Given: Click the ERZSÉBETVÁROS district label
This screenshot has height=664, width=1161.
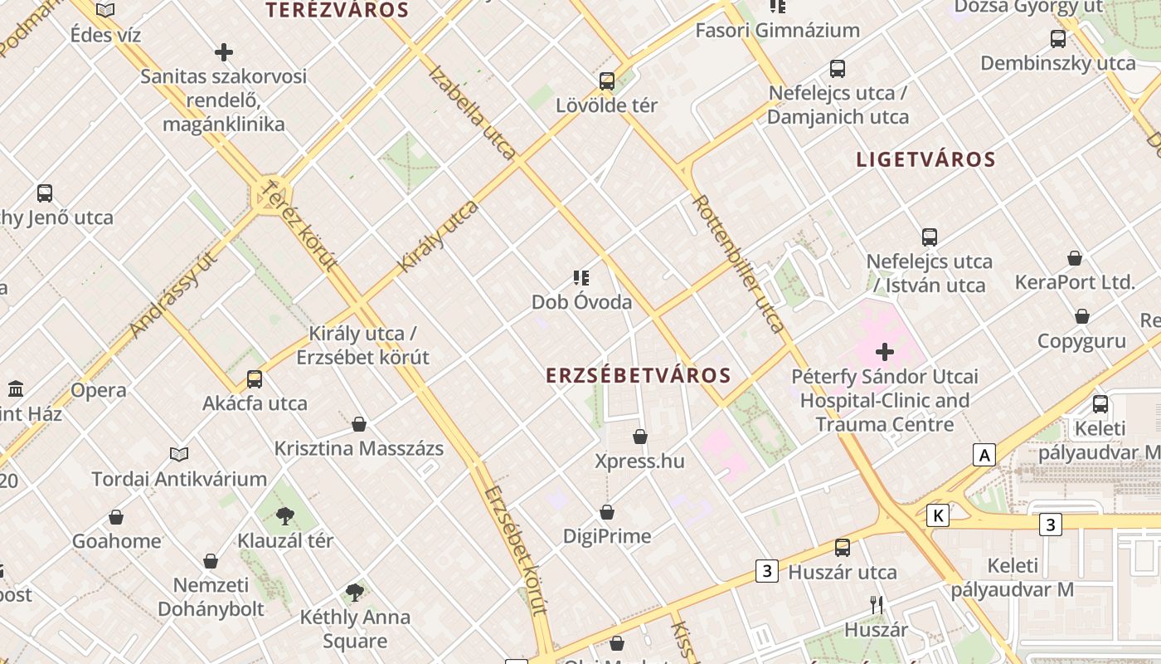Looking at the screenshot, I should pos(639,375).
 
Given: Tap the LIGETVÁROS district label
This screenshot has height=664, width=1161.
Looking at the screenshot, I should pos(925,159).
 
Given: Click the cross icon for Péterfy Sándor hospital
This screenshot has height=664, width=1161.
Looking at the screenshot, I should pos(885,352).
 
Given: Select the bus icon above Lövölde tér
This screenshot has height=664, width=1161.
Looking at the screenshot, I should pos(607,81).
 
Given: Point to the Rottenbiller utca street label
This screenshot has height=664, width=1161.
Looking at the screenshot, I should pos(738,263).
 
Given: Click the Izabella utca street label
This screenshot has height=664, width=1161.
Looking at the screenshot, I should pos(472,111).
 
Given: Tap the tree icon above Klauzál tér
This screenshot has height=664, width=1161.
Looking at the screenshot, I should pos(285,516).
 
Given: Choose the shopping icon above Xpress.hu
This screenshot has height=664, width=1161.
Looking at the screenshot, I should pos(640,437).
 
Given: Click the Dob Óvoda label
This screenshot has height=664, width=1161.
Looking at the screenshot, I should pos(581,302).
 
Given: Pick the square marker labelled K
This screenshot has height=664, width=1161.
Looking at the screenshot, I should pos(938,515).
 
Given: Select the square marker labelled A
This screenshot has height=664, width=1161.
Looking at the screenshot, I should pos(984,455).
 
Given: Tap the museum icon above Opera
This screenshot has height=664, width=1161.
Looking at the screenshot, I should pos(16,388).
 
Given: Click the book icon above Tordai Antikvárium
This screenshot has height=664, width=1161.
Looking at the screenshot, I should pos(179,454).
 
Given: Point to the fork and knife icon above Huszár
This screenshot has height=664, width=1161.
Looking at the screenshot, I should pos(877,605).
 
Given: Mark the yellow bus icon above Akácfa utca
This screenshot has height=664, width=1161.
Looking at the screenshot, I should pos(255,379).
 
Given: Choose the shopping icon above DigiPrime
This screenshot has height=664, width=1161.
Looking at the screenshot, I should pos(607,512).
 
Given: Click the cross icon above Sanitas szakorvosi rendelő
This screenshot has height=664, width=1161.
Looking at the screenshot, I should pos(224,52).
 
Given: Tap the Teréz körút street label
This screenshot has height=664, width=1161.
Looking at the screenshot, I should pos(299,226).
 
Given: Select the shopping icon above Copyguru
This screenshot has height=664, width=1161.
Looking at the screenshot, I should pos(1082,316).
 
